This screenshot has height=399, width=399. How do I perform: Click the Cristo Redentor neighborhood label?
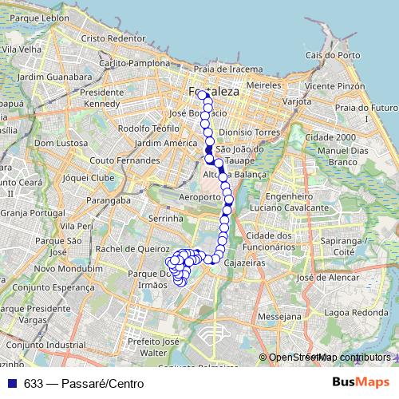coord(111,38)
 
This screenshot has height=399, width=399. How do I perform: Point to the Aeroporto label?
coord(199,196)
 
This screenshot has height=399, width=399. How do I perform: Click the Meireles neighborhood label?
coord(265,84)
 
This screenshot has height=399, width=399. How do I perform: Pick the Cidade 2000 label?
coord(335,136)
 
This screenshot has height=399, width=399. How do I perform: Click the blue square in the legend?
coord(11,382)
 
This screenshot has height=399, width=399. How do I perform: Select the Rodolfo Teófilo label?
coord(148,128)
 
